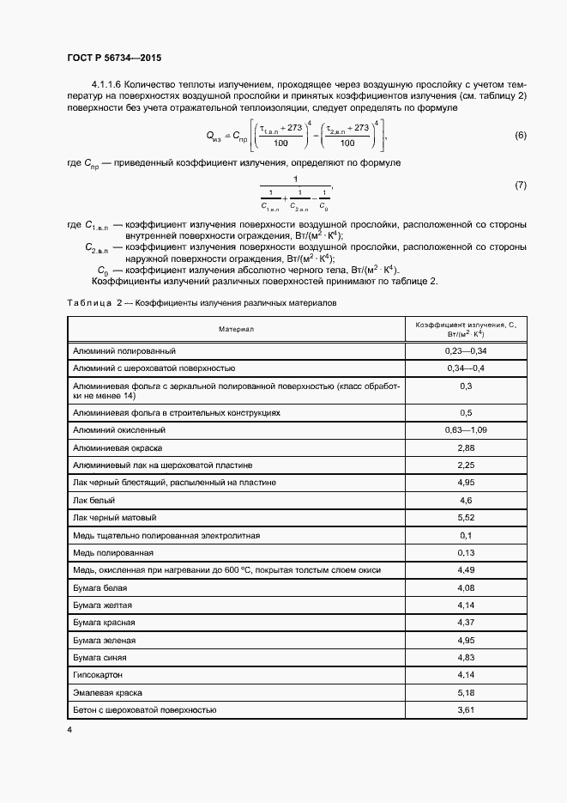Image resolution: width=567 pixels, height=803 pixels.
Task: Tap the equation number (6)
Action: pyautogui.click(x=520, y=136)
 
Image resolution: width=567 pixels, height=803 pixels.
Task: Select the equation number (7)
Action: pyautogui.click(x=520, y=185)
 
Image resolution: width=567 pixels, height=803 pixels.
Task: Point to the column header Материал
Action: pyautogui.click(x=236, y=329)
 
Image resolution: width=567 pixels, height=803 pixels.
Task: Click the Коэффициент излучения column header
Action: pyautogui.click(x=466, y=329)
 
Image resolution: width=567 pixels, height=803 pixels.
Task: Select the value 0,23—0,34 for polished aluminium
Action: pyautogui.click(x=466, y=351)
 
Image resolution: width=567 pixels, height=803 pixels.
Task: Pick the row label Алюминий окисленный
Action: pyautogui.click(x=119, y=429)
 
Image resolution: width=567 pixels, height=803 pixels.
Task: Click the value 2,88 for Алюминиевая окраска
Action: pyautogui.click(x=466, y=447)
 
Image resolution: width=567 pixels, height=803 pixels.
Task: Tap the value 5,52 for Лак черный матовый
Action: pyautogui.click(x=466, y=518)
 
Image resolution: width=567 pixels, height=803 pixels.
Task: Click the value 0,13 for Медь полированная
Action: pyautogui.click(x=466, y=552)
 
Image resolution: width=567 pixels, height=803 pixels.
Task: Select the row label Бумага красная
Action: pyautogui.click(x=105, y=622)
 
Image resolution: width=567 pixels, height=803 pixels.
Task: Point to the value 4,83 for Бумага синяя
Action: pyautogui.click(x=466, y=657)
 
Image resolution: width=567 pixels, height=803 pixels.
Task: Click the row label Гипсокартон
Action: pyautogui.click(x=100, y=675)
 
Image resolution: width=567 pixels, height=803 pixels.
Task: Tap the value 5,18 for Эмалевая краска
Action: pyautogui.click(x=466, y=692)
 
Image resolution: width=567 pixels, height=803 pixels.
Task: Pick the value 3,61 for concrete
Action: pyautogui.click(x=466, y=709)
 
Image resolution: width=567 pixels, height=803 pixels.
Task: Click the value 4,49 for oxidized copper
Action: pyautogui.click(x=466, y=569)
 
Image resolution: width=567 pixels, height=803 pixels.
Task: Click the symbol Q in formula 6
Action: pyautogui.click(x=212, y=135)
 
